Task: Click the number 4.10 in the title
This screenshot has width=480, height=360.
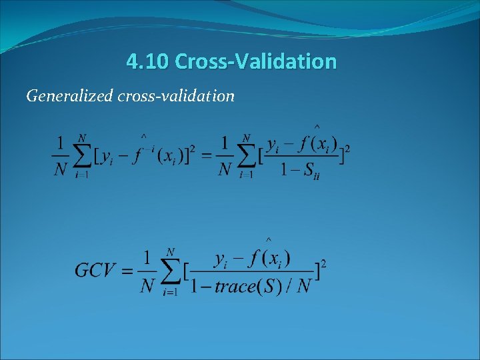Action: click(x=147, y=62)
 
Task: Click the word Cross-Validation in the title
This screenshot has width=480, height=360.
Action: click(x=256, y=62)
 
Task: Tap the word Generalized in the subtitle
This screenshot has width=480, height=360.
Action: click(x=69, y=97)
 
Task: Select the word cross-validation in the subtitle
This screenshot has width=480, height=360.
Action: click(x=176, y=97)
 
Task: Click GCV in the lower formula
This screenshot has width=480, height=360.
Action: click(x=95, y=270)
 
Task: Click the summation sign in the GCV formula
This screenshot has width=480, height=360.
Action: click(x=171, y=270)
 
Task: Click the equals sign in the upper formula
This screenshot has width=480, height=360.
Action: click(x=207, y=157)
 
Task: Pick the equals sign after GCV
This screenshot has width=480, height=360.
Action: click(x=127, y=271)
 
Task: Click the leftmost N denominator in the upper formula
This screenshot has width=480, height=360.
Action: click(x=61, y=170)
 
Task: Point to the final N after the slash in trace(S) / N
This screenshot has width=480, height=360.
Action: click(x=305, y=287)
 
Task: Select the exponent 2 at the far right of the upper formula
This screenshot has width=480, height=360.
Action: click(x=347, y=148)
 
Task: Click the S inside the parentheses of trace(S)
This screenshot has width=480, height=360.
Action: click(x=273, y=287)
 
